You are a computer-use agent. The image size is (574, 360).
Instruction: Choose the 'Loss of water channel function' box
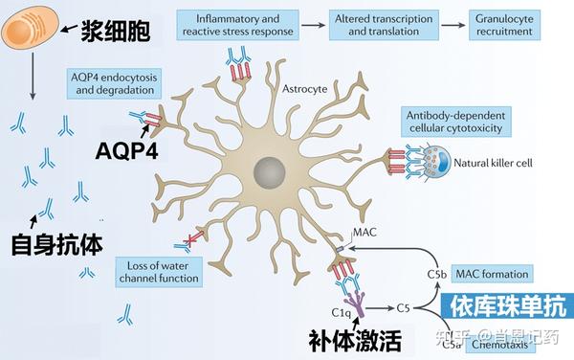coord(161,271)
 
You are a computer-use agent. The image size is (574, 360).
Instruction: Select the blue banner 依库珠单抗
coord(505,306)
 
